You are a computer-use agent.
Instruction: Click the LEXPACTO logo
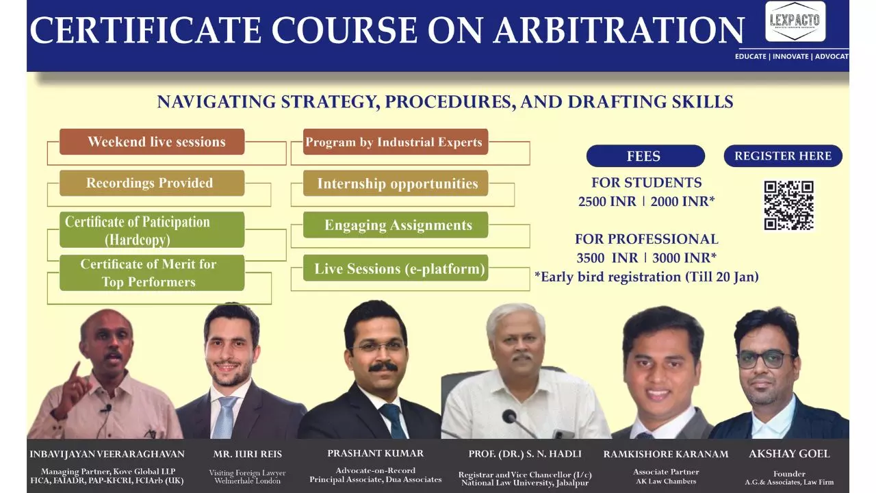click(x=795, y=21)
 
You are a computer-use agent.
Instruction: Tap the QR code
click(x=789, y=205)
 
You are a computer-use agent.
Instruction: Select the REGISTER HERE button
click(x=783, y=155)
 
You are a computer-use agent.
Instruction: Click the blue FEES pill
click(x=645, y=155)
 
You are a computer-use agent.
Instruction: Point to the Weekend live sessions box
click(x=152, y=142)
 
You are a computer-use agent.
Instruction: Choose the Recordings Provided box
click(x=152, y=183)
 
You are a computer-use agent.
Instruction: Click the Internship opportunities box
click(x=396, y=183)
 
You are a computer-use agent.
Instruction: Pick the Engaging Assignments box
click(x=396, y=225)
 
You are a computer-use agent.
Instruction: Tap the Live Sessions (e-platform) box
click(x=396, y=268)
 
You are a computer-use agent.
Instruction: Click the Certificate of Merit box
click(x=152, y=273)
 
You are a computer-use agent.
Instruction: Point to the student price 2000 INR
click(x=682, y=201)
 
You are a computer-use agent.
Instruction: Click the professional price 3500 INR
click(x=607, y=258)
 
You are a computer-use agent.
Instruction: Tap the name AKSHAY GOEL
click(x=789, y=454)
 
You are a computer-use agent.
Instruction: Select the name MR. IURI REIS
click(x=247, y=454)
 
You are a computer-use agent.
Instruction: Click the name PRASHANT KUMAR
click(x=376, y=453)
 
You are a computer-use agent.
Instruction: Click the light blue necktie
click(x=227, y=417)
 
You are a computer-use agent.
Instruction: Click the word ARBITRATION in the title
click(x=619, y=30)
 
